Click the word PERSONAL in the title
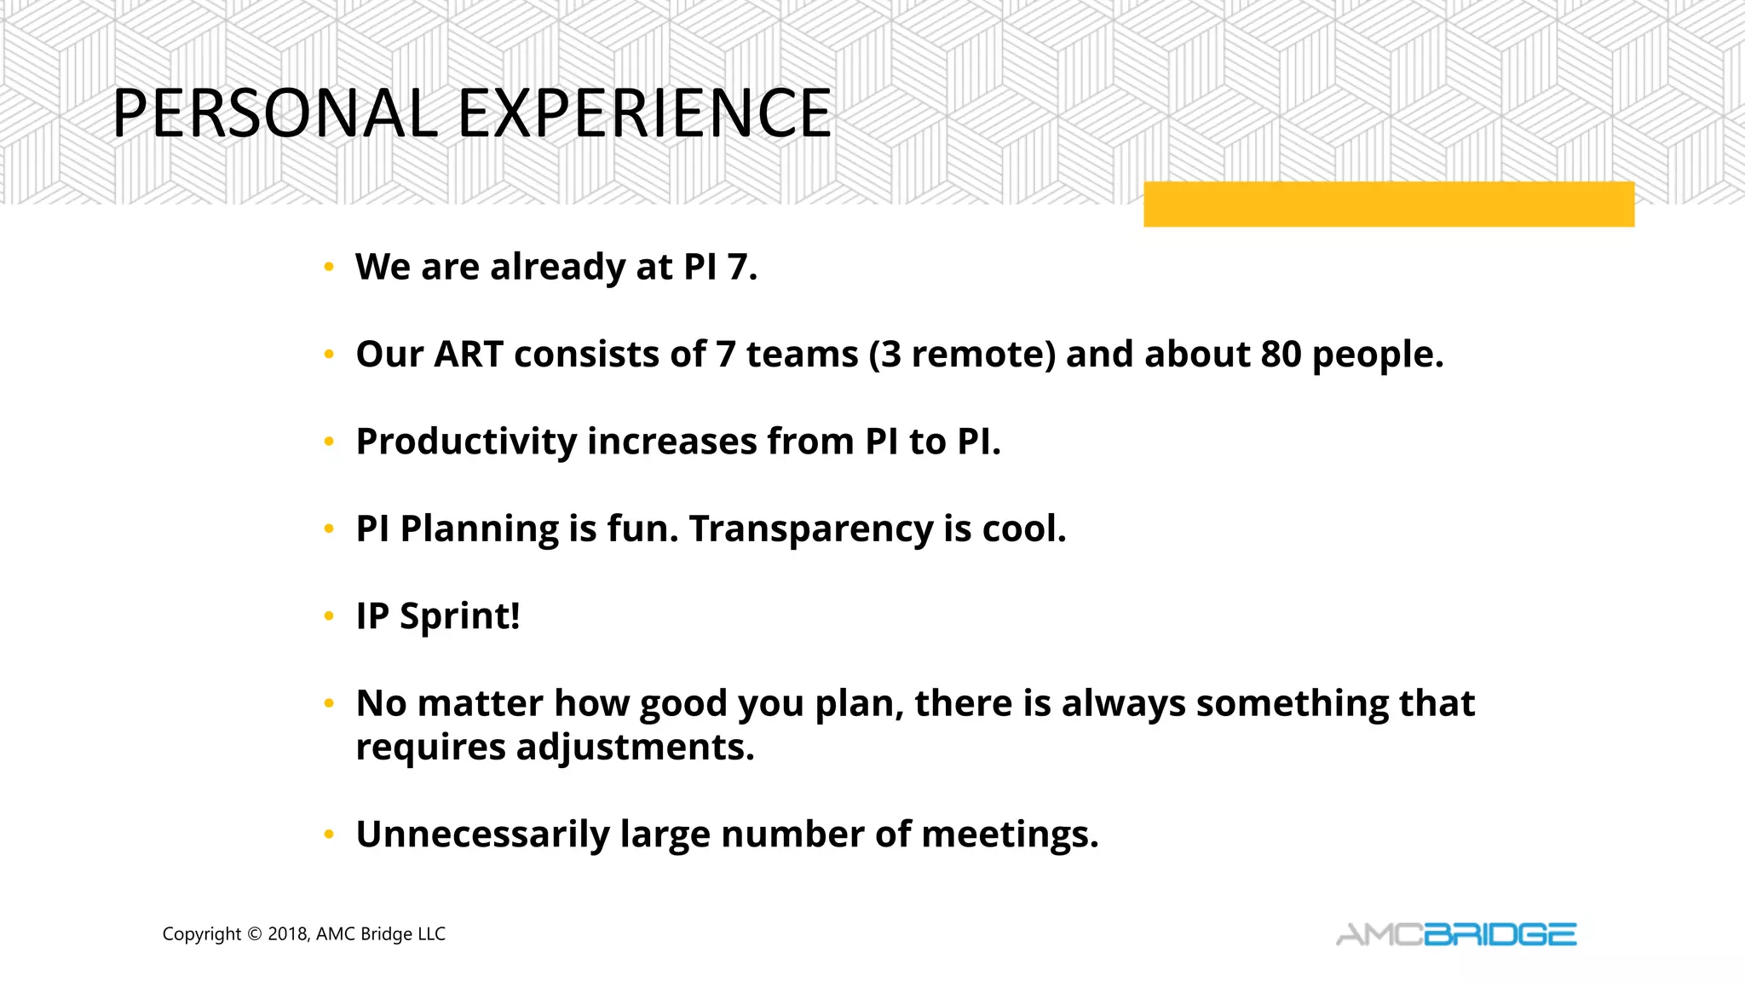(x=274, y=113)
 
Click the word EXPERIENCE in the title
(x=645, y=113)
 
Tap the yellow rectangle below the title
(x=1388, y=205)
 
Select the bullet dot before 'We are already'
(x=329, y=268)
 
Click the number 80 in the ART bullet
(x=1281, y=355)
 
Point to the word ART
(x=468, y=355)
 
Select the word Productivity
(x=466, y=442)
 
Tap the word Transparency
(x=810, y=529)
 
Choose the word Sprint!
(x=460, y=616)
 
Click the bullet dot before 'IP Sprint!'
(x=329, y=617)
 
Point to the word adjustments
(x=635, y=748)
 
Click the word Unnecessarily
(x=482, y=835)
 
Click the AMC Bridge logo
(x=1455, y=934)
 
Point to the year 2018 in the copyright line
(x=286, y=934)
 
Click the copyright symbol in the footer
(x=254, y=934)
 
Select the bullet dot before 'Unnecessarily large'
(x=329, y=835)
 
